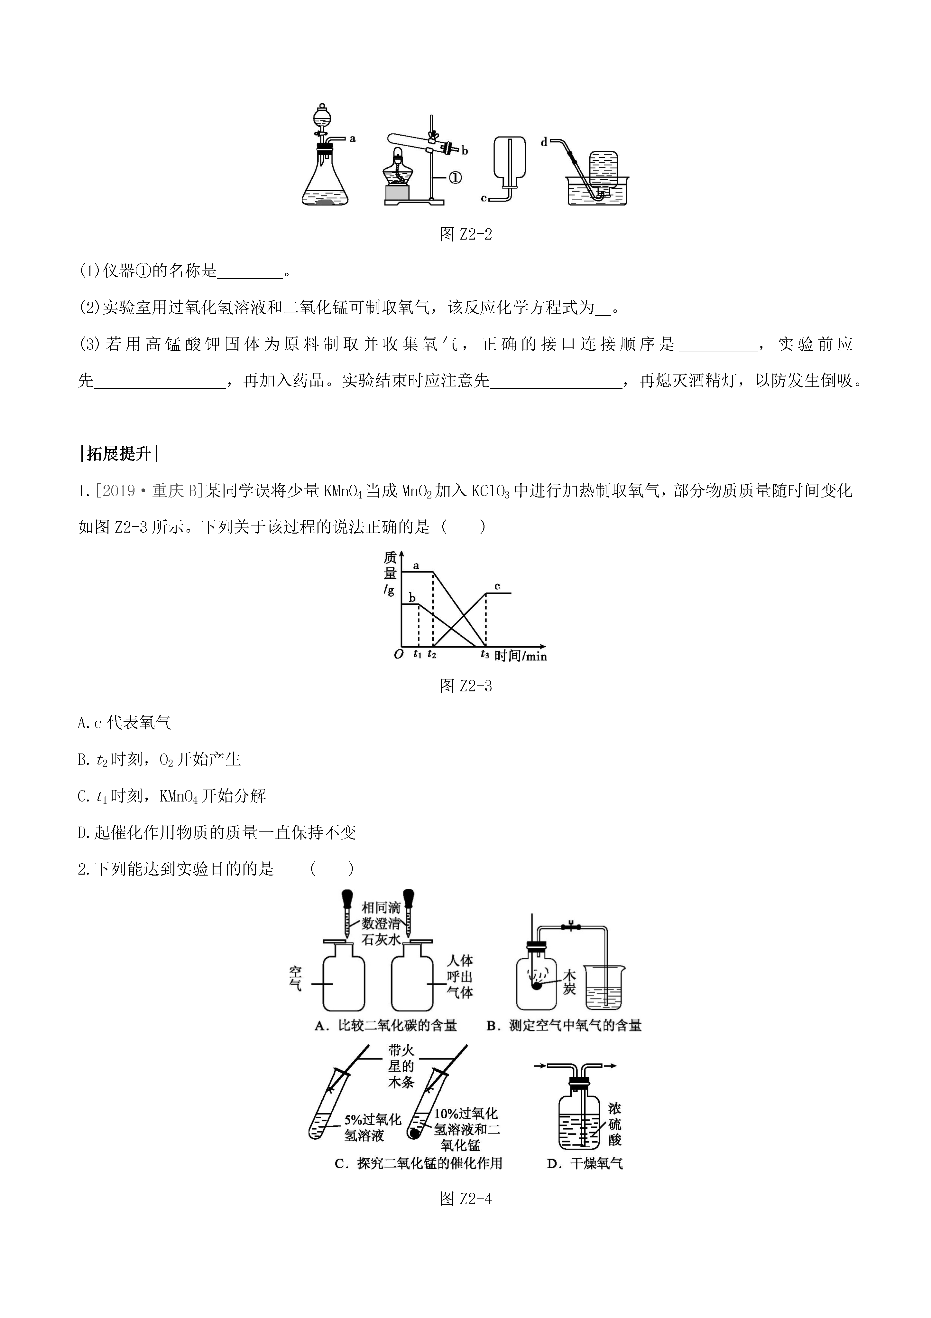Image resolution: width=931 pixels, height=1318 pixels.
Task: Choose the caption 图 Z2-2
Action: (465, 234)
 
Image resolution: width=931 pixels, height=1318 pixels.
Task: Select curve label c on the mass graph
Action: (497, 586)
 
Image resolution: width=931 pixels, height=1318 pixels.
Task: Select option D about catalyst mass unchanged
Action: (217, 832)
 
